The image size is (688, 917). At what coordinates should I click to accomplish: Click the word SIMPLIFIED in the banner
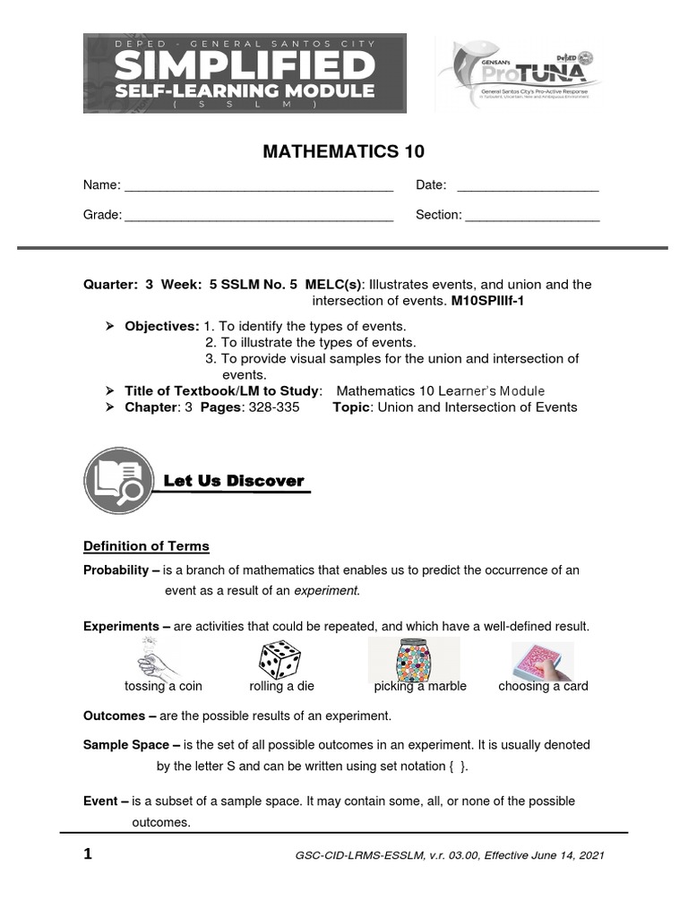245,65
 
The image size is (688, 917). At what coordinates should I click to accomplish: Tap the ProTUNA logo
518,73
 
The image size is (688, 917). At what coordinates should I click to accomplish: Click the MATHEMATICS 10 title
342,151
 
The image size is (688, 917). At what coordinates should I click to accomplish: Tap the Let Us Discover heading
234,482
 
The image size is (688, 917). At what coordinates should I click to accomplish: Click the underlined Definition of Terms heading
146,546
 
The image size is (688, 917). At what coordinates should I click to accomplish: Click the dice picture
280,662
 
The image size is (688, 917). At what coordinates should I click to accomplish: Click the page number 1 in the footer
88,854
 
